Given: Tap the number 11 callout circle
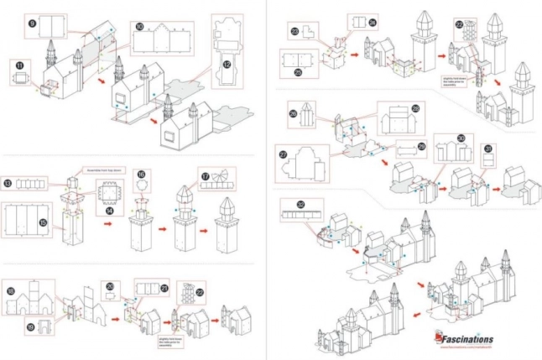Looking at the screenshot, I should tap(18, 65).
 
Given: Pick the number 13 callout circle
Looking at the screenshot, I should tap(8, 183).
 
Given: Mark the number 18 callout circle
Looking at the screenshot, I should tap(9, 291).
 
